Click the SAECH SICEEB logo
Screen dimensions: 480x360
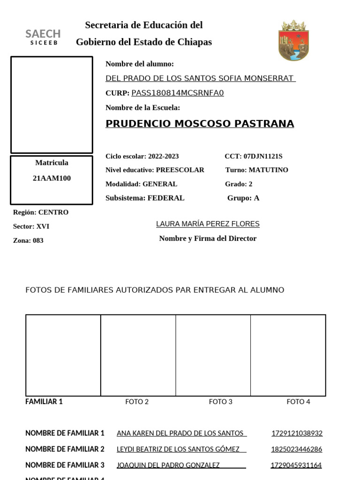pos(43,37)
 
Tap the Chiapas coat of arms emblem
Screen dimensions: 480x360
pos(293,40)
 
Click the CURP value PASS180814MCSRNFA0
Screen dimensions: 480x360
pos(178,93)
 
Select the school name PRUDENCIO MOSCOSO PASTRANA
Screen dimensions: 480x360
pos(200,124)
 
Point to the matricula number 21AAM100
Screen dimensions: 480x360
pos(52,179)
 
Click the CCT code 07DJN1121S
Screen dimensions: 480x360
pos(263,157)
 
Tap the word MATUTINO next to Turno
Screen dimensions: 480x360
pos(268,170)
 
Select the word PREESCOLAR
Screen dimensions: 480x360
pos(180,170)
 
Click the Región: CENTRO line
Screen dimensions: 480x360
pos(41,212)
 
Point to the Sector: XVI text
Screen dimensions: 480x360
pos(31,226)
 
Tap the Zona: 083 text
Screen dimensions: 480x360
pos(28,240)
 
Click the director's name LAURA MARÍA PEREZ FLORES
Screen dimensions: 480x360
pos(208,224)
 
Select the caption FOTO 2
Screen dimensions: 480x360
pos(137,402)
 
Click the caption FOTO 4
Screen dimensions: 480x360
pos(299,402)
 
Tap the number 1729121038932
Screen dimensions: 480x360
pos(297,434)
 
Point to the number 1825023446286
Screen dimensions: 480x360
pos(297,450)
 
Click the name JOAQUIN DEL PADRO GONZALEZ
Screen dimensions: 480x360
pos(168,465)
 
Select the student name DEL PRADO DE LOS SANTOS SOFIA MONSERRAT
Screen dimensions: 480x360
pos(200,78)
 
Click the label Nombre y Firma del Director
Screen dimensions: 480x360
pos(208,239)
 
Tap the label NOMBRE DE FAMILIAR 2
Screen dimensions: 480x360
pos(65,449)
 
